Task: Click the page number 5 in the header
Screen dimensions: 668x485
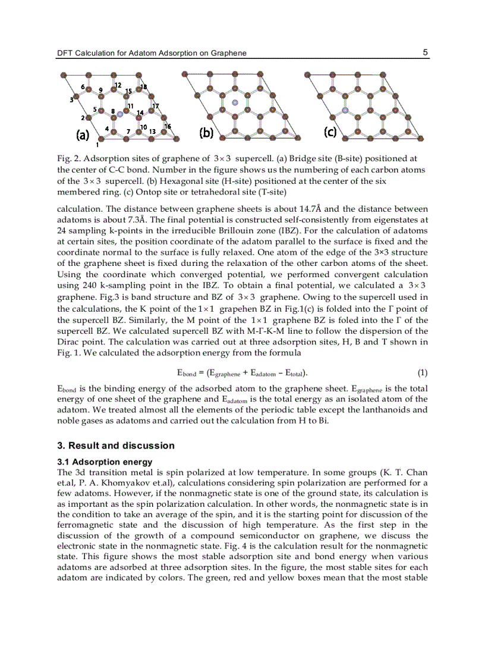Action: [425, 52]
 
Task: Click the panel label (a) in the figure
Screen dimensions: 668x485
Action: [82, 134]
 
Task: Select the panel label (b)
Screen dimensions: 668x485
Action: [206, 133]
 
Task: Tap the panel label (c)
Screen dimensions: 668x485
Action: [330, 132]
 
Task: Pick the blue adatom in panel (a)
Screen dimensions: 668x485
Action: [119, 113]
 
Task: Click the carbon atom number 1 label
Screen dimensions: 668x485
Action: [97, 144]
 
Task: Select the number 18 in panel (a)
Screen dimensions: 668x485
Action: [143, 87]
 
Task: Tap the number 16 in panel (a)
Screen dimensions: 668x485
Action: [168, 126]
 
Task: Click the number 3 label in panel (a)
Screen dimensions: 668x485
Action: [71, 100]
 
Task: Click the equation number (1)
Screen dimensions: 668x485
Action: [422, 373]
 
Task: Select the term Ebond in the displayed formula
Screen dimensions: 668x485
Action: [187, 374]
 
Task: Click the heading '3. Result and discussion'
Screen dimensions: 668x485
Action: [116, 446]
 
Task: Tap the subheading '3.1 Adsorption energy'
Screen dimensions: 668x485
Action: [105, 462]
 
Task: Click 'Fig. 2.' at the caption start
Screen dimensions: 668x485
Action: [69, 159]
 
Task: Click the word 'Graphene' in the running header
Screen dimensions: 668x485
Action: [228, 53]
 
